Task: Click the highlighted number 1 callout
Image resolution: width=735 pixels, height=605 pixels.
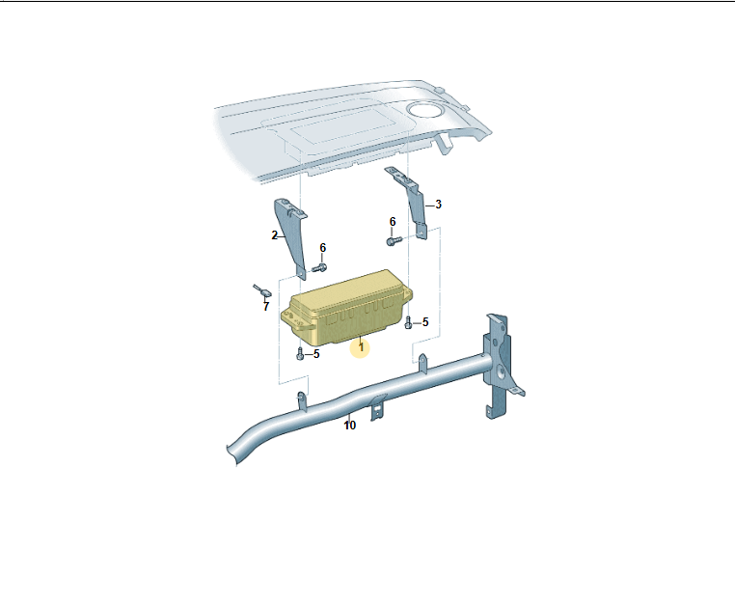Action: pos(361,348)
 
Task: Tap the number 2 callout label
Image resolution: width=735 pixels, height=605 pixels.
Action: pos(274,235)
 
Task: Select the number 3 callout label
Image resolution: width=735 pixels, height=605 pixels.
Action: pos(438,205)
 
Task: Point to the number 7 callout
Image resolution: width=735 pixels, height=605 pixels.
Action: pos(266,307)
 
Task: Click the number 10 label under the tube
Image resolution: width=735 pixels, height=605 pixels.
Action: pos(350,426)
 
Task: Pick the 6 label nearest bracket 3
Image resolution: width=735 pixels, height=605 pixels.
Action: pos(393,222)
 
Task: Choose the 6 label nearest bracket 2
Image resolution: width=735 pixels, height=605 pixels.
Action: pos(322,248)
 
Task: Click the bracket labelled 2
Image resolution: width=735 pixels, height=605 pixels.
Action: pos(291,236)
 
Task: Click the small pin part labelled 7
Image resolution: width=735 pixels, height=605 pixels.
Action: pos(262,290)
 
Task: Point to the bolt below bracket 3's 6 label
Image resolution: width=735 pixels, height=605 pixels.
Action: pos(395,241)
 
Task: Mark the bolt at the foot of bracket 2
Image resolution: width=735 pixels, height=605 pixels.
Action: pos(319,268)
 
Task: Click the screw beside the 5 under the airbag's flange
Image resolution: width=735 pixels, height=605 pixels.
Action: pos(300,354)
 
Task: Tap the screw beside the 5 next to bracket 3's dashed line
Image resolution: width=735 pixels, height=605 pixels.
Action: pos(408,322)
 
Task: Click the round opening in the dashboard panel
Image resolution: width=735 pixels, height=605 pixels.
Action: pos(424,111)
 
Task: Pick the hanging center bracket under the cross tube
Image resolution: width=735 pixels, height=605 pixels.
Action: pos(378,407)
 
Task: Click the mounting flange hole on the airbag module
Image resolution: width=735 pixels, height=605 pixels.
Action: pos(296,321)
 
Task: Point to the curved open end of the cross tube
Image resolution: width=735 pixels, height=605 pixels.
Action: pos(231,454)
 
